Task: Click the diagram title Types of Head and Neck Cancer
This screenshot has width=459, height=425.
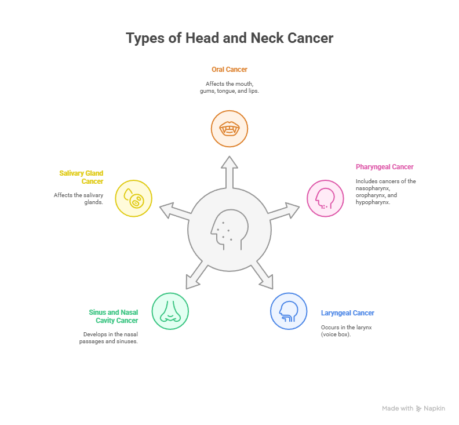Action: (230, 38)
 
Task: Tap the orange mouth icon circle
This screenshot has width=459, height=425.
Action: (230, 129)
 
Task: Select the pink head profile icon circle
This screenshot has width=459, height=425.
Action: (325, 198)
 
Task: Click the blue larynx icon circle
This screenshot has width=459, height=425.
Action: (289, 311)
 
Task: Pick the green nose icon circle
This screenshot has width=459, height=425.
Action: (170, 311)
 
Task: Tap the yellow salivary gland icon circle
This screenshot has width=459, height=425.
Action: (134, 198)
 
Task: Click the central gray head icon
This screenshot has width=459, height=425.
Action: (230, 230)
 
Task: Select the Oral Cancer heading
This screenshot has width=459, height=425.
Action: (230, 70)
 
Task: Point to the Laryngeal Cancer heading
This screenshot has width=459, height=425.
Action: (348, 313)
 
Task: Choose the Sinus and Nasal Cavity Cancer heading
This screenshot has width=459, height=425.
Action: (114, 316)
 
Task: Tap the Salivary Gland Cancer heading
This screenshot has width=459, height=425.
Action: (82, 177)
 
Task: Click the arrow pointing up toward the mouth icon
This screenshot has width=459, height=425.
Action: (230, 172)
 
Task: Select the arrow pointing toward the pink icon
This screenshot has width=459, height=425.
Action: (285, 212)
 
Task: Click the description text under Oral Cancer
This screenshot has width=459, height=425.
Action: (230, 88)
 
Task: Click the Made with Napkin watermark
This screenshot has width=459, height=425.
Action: (414, 408)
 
